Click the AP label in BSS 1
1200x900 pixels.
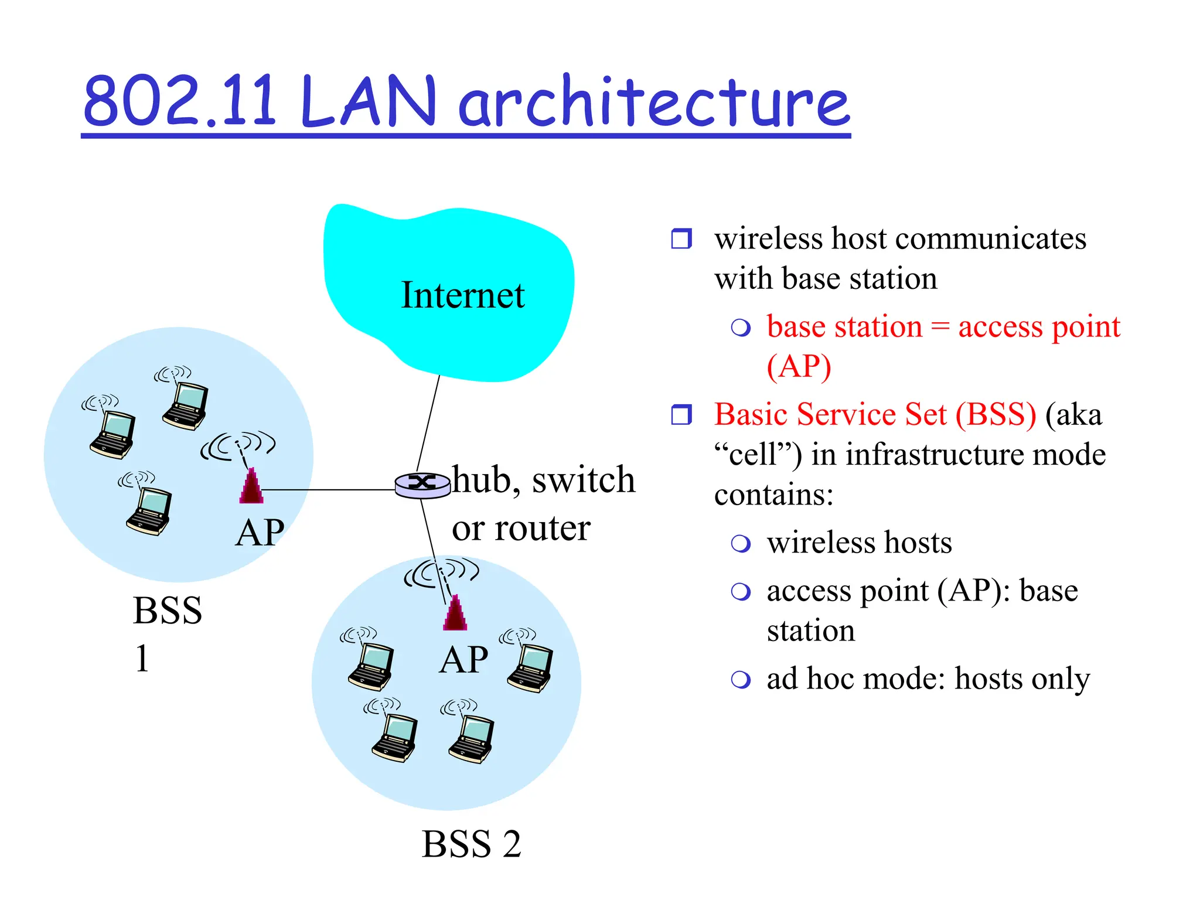coord(260,533)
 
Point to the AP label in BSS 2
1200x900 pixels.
coord(463,660)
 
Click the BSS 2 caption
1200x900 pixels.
coord(471,844)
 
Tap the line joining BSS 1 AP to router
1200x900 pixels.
coord(328,489)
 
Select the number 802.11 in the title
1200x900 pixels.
coord(179,102)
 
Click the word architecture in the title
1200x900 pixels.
coord(653,102)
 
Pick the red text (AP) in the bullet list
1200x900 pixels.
coord(799,367)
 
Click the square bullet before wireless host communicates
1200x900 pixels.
coord(681,238)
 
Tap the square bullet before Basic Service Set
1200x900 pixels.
coord(681,414)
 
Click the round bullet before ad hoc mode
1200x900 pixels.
coord(741,680)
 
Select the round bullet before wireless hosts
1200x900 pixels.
coord(741,543)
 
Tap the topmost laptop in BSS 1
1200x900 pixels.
coord(185,404)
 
